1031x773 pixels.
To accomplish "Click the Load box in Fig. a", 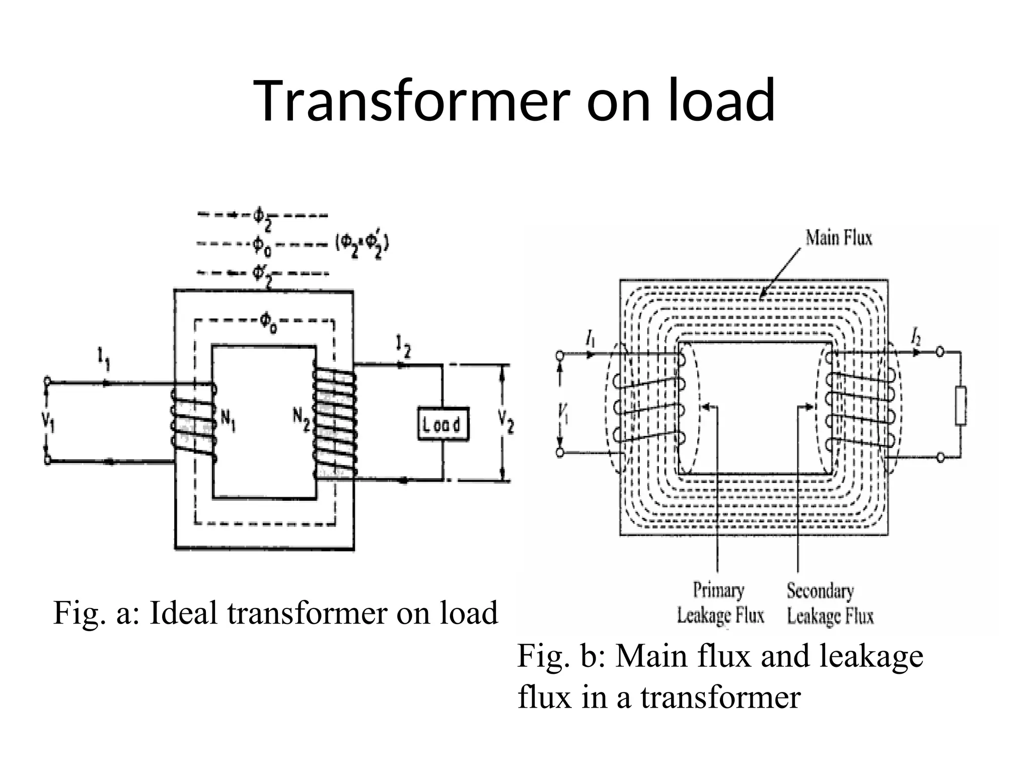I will pos(443,425).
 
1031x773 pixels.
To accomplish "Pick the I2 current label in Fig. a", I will pos(403,347).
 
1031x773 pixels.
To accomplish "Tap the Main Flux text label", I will pos(838,238).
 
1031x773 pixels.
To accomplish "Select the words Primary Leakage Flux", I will pos(720,603).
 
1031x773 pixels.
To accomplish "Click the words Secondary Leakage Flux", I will pos(830,603).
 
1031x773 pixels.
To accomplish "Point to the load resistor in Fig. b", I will pos(961,406).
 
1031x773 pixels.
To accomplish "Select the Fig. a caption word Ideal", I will pos(184,613).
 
